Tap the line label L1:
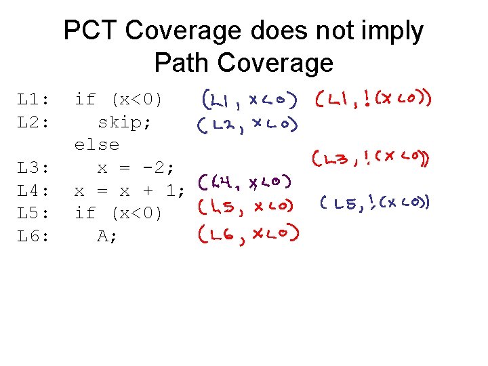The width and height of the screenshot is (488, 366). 33,100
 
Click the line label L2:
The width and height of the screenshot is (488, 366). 33,123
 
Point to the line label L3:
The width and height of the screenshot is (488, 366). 33,167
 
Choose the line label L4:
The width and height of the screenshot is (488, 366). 33,190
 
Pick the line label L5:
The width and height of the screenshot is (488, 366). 33,213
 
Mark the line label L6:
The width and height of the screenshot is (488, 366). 33,237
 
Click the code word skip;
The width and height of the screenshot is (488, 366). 125,123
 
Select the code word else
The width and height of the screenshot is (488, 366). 97,145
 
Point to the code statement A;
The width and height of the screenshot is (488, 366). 108,237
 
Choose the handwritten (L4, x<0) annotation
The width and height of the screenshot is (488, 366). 245,182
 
